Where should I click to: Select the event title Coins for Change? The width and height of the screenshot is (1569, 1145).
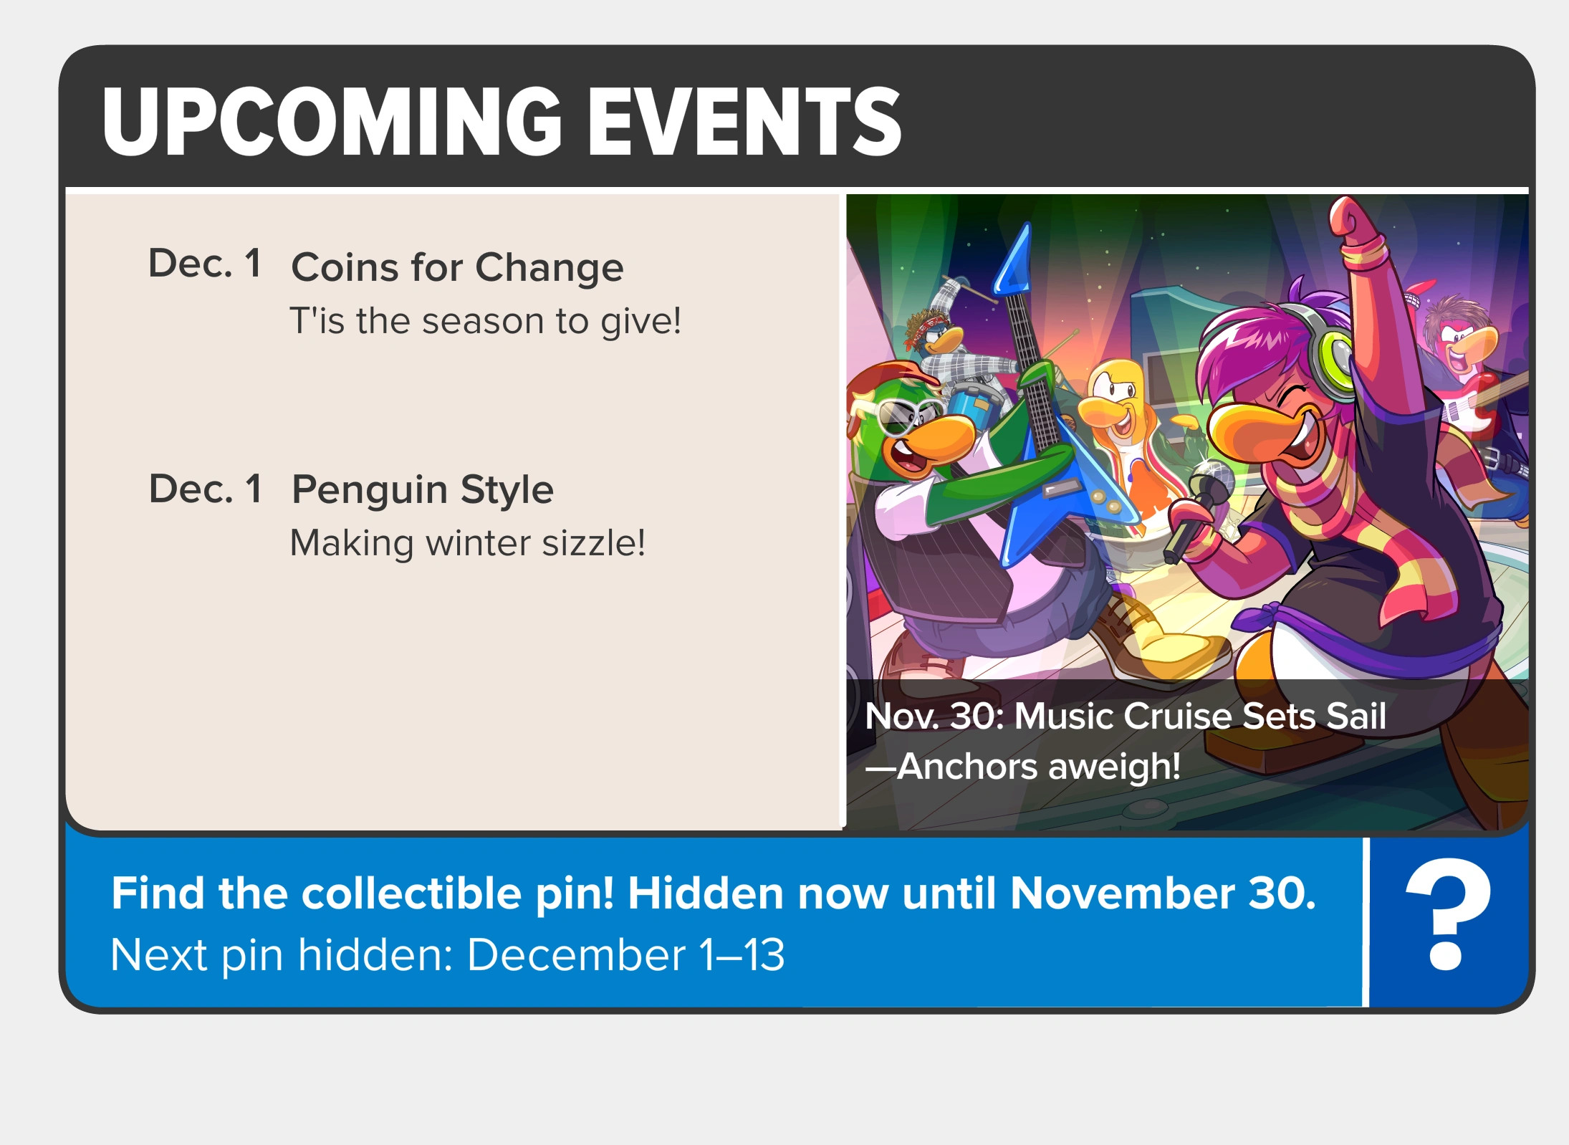(457, 268)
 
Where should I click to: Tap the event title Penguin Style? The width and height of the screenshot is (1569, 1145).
(423, 490)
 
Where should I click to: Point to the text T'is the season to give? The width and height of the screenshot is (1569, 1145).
(485, 321)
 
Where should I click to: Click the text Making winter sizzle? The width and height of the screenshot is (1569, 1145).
(467, 542)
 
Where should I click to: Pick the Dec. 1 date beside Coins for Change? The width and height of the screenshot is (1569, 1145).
(205, 263)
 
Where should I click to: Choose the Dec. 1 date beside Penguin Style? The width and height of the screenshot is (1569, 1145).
(206, 489)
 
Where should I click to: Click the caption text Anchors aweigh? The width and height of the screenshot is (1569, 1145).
(1038, 767)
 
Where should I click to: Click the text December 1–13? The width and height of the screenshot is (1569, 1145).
(626, 955)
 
